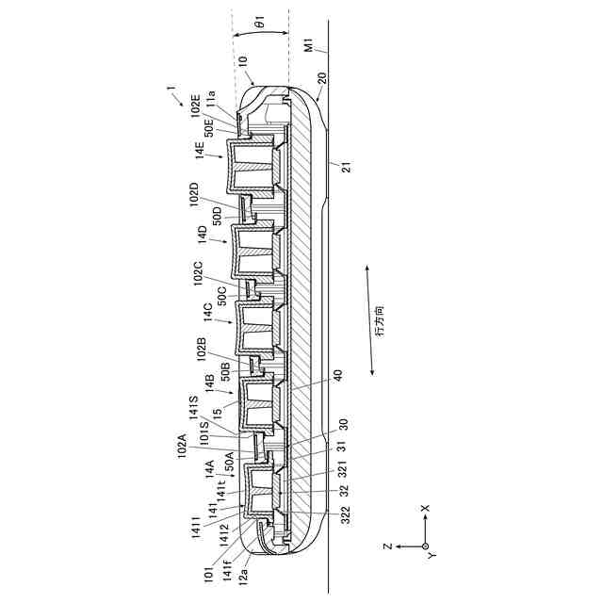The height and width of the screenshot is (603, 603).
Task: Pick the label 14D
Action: click(x=202, y=235)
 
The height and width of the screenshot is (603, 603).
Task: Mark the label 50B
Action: click(x=226, y=372)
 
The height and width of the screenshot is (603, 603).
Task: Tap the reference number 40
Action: click(x=337, y=373)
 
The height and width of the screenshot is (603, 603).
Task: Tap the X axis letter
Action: click(x=425, y=508)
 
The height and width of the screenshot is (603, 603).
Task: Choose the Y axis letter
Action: click(x=432, y=558)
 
